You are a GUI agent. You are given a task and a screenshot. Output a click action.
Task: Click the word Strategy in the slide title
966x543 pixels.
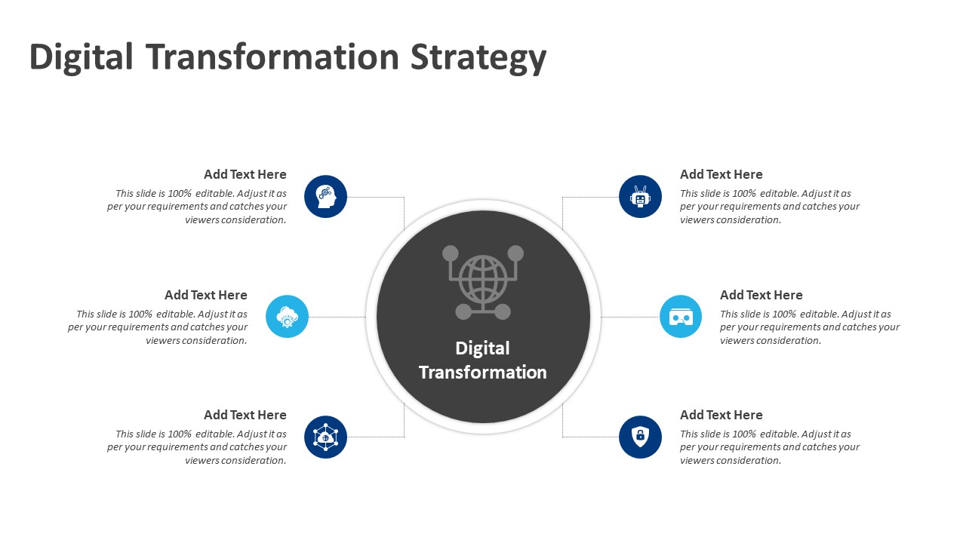pyautogui.click(x=478, y=58)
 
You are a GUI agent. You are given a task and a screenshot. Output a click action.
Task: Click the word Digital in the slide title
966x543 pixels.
pyautogui.click(x=82, y=57)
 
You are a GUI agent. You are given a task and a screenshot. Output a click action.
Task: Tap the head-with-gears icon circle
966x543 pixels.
pyautogui.click(x=325, y=197)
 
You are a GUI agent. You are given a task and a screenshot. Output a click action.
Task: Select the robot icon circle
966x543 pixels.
pyautogui.click(x=640, y=197)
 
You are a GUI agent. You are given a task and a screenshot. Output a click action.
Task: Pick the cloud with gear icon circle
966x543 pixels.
pyautogui.click(x=287, y=317)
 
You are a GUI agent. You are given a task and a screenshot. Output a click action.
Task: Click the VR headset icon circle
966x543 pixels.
pyautogui.click(x=680, y=317)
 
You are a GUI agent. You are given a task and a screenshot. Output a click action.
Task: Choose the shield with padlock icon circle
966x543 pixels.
pyautogui.click(x=640, y=437)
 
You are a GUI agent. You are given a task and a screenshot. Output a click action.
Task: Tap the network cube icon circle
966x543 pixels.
pyautogui.click(x=325, y=437)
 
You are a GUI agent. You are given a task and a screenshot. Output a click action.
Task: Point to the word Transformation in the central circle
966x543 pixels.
pyautogui.click(x=482, y=373)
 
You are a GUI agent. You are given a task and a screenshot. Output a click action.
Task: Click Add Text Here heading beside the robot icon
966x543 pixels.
pyautogui.click(x=721, y=174)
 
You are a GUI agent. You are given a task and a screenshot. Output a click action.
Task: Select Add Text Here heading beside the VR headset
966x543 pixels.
pyautogui.click(x=761, y=295)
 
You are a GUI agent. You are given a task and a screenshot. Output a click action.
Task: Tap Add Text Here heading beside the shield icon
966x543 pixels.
pyautogui.click(x=721, y=415)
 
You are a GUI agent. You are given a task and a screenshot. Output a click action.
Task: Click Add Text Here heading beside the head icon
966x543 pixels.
pyautogui.click(x=245, y=174)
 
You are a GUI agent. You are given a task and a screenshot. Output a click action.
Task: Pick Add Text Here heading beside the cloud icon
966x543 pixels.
pyautogui.click(x=206, y=295)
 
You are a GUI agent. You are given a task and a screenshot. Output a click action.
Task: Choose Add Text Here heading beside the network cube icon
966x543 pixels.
pyautogui.click(x=245, y=415)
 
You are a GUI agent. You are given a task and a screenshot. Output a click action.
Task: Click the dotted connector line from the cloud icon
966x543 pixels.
pyautogui.click(x=337, y=317)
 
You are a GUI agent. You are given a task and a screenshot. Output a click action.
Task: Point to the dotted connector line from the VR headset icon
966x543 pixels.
pyautogui.click(x=629, y=317)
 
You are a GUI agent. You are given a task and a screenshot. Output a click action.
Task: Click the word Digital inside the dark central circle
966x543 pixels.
pyautogui.click(x=482, y=348)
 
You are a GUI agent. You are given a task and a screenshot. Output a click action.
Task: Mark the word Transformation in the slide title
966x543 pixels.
pyautogui.click(x=272, y=57)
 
